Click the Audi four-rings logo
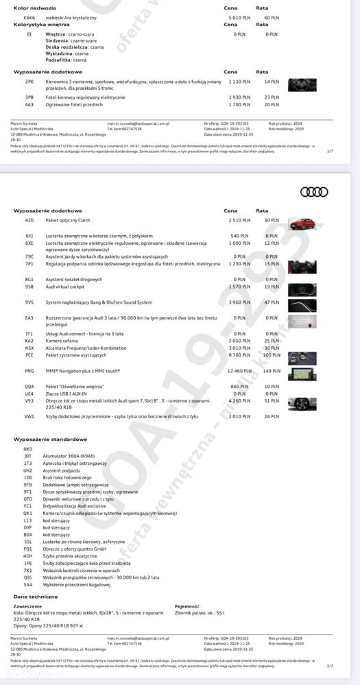(315, 191)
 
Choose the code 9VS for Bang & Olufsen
(29, 302)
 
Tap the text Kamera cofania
(61, 340)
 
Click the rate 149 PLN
(272, 370)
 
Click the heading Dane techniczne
(31, 597)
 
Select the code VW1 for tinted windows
(29, 416)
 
